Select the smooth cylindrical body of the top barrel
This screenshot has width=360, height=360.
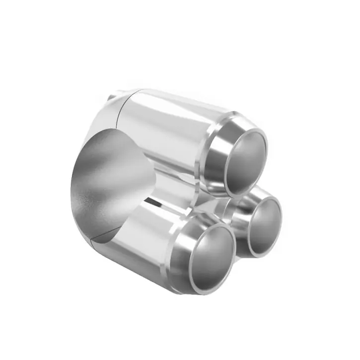click(x=169, y=124)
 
